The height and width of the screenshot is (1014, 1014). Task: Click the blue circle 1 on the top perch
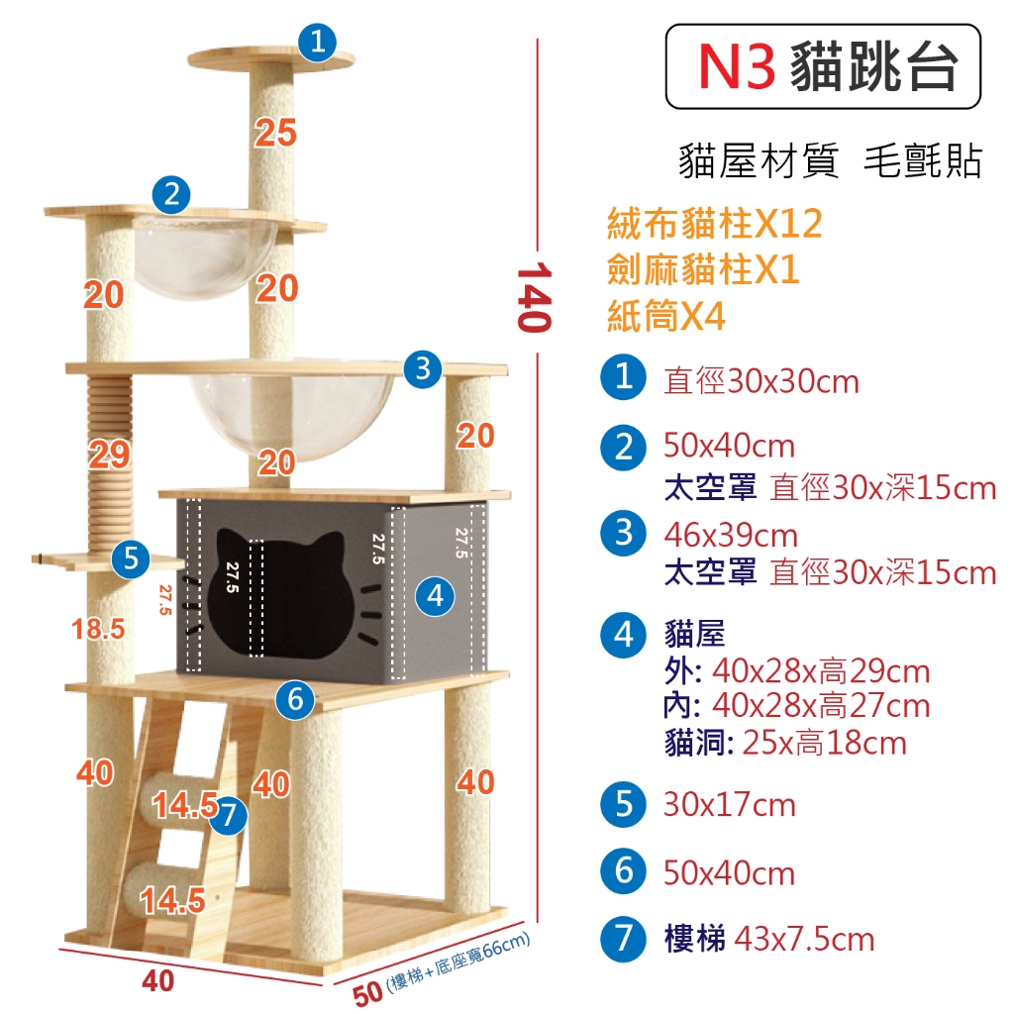tap(317, 43)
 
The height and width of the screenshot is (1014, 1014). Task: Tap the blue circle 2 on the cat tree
tap(171, 195)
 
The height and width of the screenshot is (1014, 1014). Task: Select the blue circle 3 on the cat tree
tap(423, 369)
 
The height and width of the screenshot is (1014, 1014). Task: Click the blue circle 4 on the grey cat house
tap(435, 595)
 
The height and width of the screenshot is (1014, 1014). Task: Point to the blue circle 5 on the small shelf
tap(131, 558)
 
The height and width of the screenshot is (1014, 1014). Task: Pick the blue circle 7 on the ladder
tap(229, 816)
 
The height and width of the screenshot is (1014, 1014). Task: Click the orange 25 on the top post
tap(275, 133)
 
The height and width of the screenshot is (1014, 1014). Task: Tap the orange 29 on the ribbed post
tap(110, 454)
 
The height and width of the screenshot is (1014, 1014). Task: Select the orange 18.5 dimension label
tap(98, 629)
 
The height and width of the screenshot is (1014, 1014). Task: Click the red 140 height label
tap(534, 297)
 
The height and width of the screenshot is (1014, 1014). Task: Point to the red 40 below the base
tap(157, 981)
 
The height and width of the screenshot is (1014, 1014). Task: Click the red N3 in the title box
tap(737, 66)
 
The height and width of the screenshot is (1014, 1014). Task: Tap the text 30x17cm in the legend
tap(730, 806)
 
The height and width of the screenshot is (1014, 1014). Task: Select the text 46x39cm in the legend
tap(731, 536)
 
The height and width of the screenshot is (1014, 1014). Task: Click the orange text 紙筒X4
tap(666, 316)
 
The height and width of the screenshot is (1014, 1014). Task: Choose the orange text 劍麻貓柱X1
tap(703, 269)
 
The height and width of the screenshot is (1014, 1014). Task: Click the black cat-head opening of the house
tap(280, 594)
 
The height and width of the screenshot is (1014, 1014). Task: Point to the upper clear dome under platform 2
tap(204, 257)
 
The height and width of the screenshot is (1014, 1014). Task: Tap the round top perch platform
tap(271, 58)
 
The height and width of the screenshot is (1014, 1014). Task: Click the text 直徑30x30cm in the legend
tap(761, 381)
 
